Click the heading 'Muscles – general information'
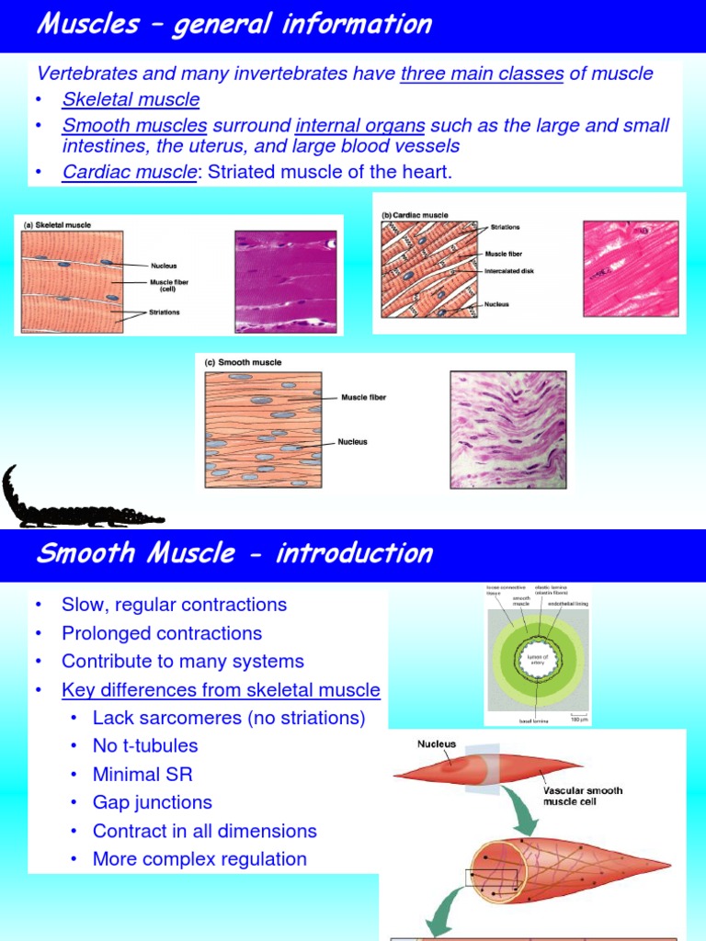tap(233, 25)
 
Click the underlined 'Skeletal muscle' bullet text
tap(131, 99)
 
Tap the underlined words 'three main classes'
tap(482, 74)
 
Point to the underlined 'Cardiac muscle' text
tap(129, 173)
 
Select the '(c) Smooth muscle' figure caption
tap(243, 363)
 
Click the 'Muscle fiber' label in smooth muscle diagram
tap(363, 398)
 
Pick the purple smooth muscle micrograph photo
tap(507, 428)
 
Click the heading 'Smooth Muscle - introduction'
tap(233, 553)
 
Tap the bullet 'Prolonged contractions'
tap(161, 633)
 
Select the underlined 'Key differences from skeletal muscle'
tap(221, 689)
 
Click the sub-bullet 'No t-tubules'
tap(145, 746)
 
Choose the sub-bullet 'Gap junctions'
tap(152, 802)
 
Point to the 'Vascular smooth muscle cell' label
tap(583, 796)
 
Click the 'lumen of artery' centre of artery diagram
tap(537, 658)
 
